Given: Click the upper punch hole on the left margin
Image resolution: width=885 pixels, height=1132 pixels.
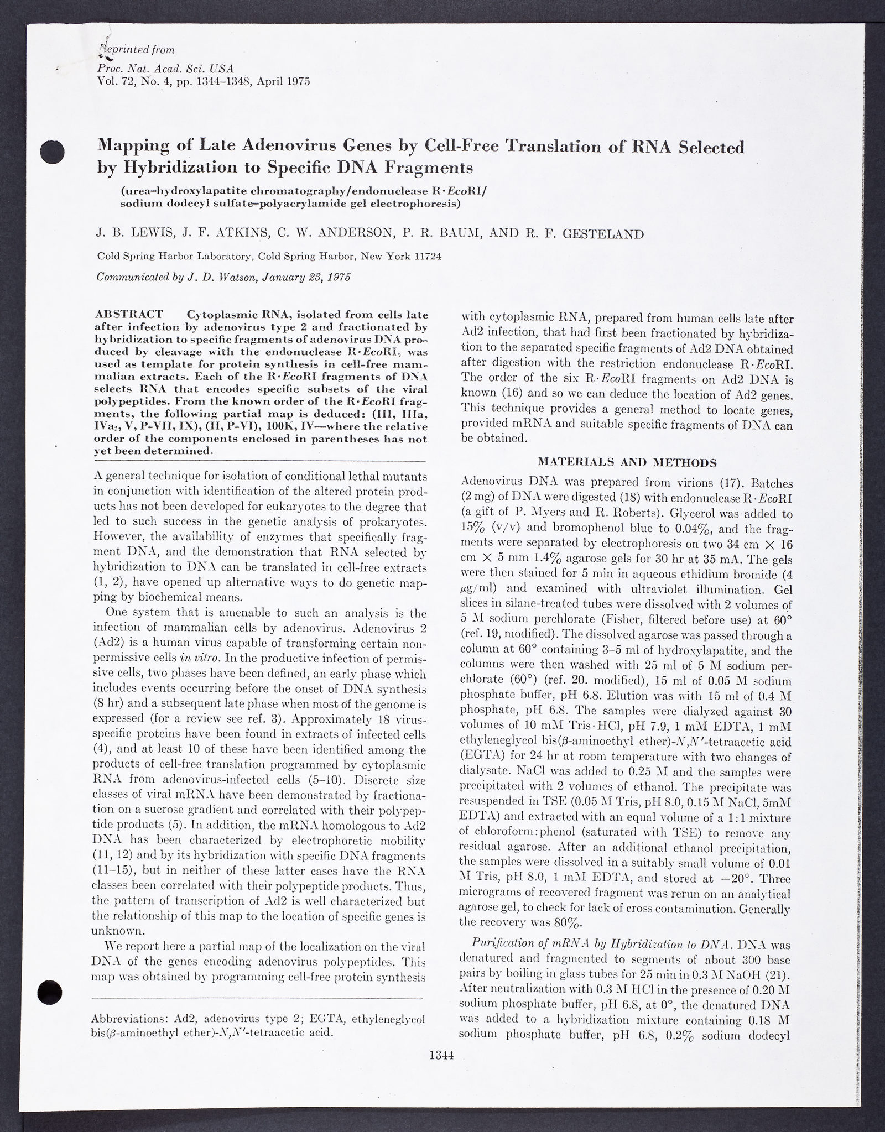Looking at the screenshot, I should point(53,152).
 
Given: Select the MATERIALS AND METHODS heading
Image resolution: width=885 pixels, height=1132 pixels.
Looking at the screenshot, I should point(627,462).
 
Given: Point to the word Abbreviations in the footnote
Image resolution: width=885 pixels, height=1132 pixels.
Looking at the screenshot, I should point(129,1019).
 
